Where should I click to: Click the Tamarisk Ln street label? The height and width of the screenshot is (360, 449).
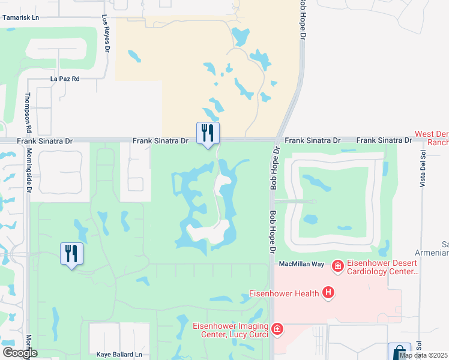(20, 17)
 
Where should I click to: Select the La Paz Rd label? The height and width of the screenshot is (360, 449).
(65, 79)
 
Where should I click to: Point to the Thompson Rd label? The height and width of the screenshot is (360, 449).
(28, 113)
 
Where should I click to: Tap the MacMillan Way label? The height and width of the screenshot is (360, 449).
(301, 264)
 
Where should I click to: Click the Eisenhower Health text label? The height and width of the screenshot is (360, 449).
(285, 293)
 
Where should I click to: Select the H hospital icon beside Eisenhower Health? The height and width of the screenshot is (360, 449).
(328, 293)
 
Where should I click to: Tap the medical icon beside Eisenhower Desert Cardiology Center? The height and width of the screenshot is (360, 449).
(338, 265)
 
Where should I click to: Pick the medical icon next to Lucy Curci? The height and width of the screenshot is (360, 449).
(277, 328)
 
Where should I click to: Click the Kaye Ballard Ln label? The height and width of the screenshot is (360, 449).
(119, 355)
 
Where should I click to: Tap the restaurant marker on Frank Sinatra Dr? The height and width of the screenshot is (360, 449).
(208, 133)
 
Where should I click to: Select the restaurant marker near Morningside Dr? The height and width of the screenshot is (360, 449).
(71, 254)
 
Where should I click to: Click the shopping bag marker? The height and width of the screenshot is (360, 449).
(399, 352)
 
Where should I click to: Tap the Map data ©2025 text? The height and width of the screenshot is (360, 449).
(423, 355)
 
